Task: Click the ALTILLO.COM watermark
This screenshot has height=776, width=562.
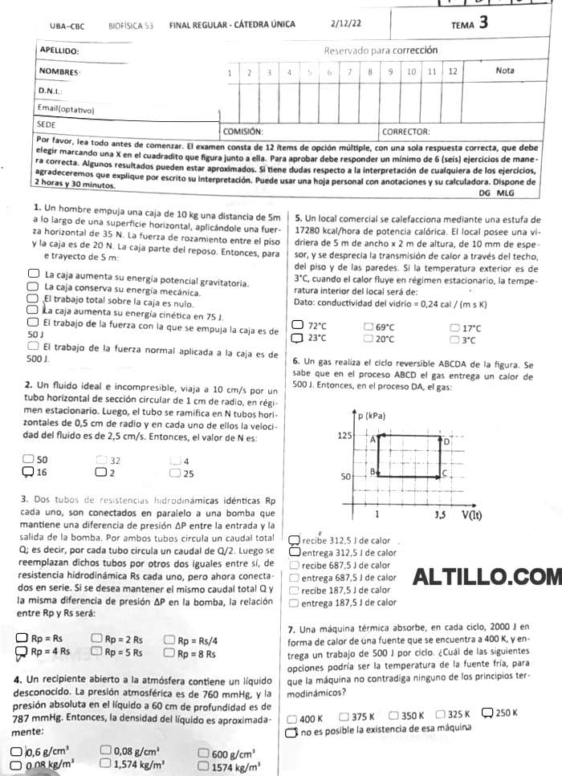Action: [x=487, y=576]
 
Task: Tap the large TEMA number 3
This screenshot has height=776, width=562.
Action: [x=483, y=22]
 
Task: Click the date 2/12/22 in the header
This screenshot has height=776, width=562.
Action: [x=345, y=24]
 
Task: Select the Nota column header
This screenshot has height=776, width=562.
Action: [x=505, y=71]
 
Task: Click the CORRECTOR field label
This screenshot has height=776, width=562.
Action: [x=406, y=131]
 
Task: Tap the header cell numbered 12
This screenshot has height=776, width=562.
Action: [x=452, y=71]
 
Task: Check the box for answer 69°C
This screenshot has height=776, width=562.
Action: [x=369, y=327]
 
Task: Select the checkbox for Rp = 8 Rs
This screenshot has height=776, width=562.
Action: [x=169, y=652]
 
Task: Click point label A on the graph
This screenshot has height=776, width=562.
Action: [x=373, y=440]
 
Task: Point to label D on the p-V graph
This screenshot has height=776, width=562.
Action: [x=446, y=441]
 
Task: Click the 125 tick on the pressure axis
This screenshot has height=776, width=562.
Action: [x=344, y=434]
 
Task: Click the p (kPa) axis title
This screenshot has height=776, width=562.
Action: [x=369, y=416]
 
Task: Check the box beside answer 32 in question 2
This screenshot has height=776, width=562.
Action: [x=101, y=461]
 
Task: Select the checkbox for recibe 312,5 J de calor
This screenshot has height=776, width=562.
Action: [x=295, y=540]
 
